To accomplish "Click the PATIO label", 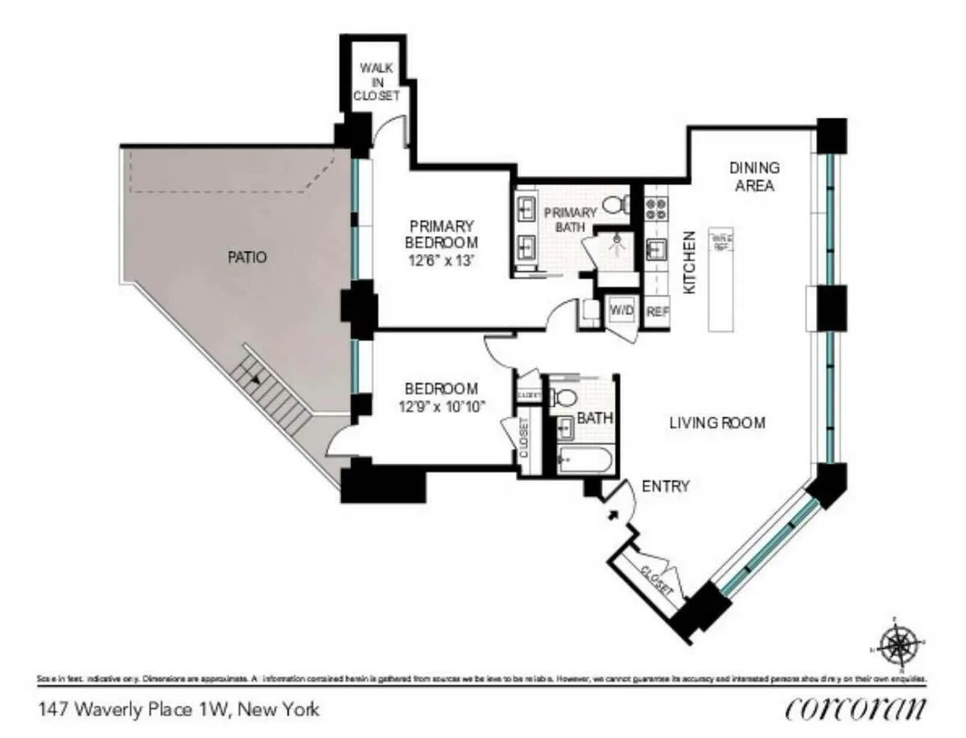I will (247, 259).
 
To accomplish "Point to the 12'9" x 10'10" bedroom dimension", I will (440, 406).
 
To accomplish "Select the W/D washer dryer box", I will (620, 310).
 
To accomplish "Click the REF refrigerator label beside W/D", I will (657, 311).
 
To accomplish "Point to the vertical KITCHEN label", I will (690, 263).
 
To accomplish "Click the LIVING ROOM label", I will (716, 423).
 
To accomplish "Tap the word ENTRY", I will (665, 486).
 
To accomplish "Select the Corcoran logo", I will (854, 709).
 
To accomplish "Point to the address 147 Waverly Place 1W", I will (179, 710).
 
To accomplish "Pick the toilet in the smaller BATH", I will (566, 397).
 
